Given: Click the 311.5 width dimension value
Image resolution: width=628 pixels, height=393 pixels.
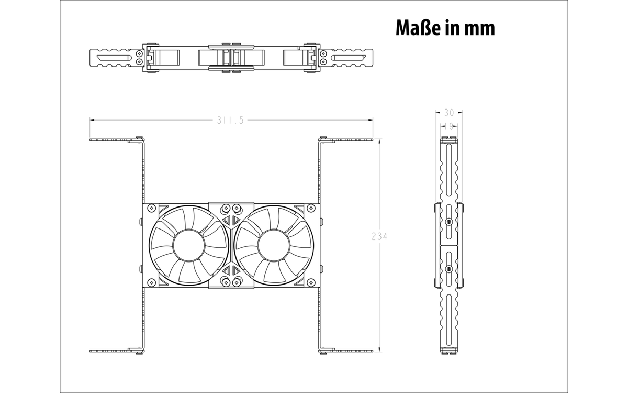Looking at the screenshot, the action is [230, 121].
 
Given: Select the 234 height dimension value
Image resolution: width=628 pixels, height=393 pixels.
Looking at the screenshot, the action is [379, 237].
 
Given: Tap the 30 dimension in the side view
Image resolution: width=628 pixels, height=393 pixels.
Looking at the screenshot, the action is [449, 113].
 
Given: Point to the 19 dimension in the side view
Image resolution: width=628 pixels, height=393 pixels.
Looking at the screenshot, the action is [449, 127].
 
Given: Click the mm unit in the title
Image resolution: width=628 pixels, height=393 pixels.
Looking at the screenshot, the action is [479, 29].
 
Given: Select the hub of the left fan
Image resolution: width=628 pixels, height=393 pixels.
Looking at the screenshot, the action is [189, 245].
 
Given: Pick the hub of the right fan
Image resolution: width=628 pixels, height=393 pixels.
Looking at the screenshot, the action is [274, 245].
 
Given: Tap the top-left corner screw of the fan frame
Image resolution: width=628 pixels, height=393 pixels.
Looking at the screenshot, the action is [151, 208].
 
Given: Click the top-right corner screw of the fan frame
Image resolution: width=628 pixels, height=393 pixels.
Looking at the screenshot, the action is [311, 208].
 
